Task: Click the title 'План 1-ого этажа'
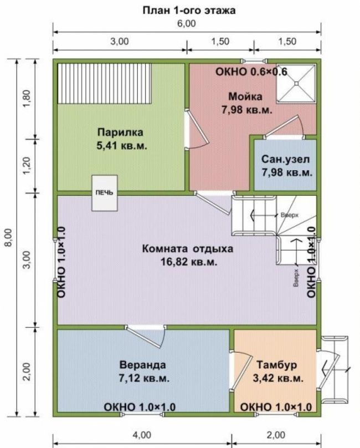coord(189,11)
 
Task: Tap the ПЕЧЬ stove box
coord(105,193)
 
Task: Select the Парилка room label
coord(120,133)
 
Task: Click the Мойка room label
coord(245,96)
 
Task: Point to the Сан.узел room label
coord(285,159)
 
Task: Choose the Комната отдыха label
coord(188,248)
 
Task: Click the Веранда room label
coord(142,365)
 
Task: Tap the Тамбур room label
coord(277,365)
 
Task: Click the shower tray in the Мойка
coord(296,83)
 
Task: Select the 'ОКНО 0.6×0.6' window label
coord(251,72)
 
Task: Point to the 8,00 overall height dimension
coord(9,237)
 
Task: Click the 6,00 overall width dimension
coord(187,23)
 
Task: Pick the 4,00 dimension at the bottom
coord(142,435)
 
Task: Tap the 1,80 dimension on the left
coord(27,99)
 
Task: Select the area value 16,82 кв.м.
coord(189,262)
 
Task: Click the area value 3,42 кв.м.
coord(278,378)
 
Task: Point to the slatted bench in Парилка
coord(104,83)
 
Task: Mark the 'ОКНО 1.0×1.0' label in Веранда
coord(140,406)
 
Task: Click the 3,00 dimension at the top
coord(120,41)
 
